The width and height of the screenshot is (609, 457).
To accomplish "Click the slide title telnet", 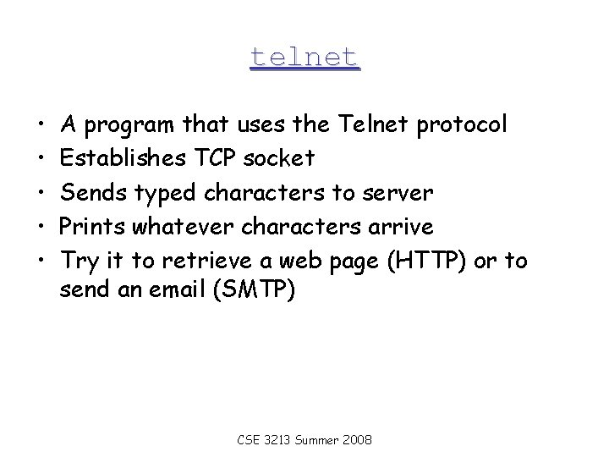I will [x=304, y=57].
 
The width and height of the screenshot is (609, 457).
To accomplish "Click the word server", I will [x=398, y=193].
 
